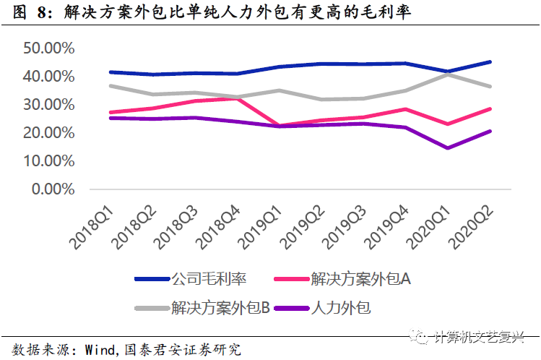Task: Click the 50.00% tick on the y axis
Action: click(49, 48)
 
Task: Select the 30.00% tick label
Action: click(49, 105)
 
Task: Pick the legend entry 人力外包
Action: click(340, 308)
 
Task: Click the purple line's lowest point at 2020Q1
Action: click(449, 148)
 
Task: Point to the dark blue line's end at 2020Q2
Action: click(490, 62)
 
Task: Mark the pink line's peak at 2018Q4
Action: click(238, 98)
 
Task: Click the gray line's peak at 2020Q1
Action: click(449, 74)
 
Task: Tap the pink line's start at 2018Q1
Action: click(110, 113)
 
